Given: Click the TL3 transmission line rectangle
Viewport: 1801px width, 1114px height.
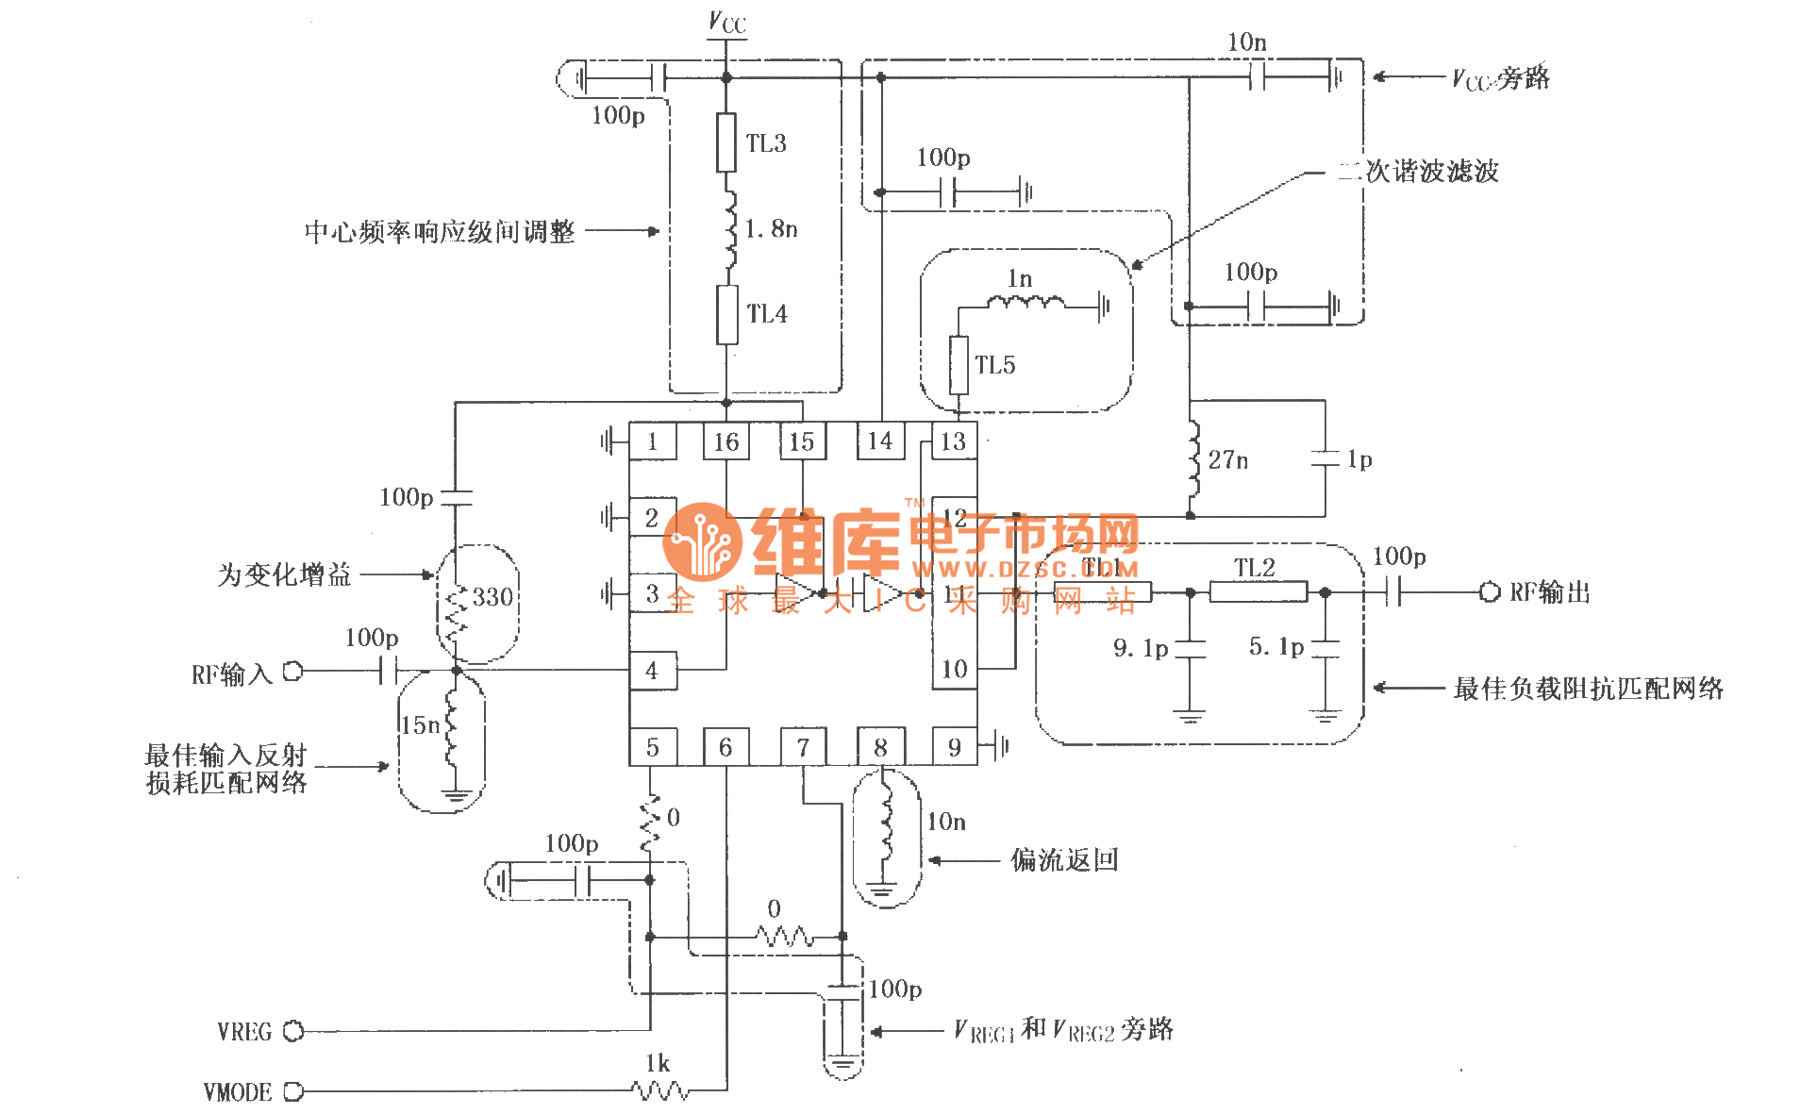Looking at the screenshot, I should [725, 142].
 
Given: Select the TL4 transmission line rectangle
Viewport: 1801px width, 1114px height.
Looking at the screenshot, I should [726, 314].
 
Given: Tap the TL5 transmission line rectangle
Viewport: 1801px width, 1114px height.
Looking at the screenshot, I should [959, 365].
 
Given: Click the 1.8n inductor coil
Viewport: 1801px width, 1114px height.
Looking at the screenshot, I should [729, 229].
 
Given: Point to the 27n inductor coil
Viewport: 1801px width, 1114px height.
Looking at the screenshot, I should [1193, 459].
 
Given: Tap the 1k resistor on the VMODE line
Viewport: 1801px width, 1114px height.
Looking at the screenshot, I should [659, 1091].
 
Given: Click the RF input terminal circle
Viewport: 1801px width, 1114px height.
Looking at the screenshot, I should [293, 671].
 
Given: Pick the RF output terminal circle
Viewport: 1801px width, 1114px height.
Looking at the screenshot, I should [1489, 592].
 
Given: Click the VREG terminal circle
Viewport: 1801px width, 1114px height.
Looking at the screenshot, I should [293, 1031].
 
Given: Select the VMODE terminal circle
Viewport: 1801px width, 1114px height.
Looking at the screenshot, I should [293, 1091].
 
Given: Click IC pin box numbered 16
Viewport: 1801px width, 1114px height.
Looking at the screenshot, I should [725, 441].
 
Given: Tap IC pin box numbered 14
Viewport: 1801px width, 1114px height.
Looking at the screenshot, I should [879, 441].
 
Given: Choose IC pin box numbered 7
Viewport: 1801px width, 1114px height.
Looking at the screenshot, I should [803, 747].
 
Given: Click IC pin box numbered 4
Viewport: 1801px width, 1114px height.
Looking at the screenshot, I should [652, 671].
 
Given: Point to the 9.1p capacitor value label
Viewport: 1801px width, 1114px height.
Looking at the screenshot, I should [1140, 648].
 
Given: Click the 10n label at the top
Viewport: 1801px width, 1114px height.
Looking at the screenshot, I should [1246, 42].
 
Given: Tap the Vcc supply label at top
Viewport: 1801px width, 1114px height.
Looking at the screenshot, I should [726, 23].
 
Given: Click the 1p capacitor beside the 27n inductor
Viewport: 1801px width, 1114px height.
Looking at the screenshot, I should [1326, 459].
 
